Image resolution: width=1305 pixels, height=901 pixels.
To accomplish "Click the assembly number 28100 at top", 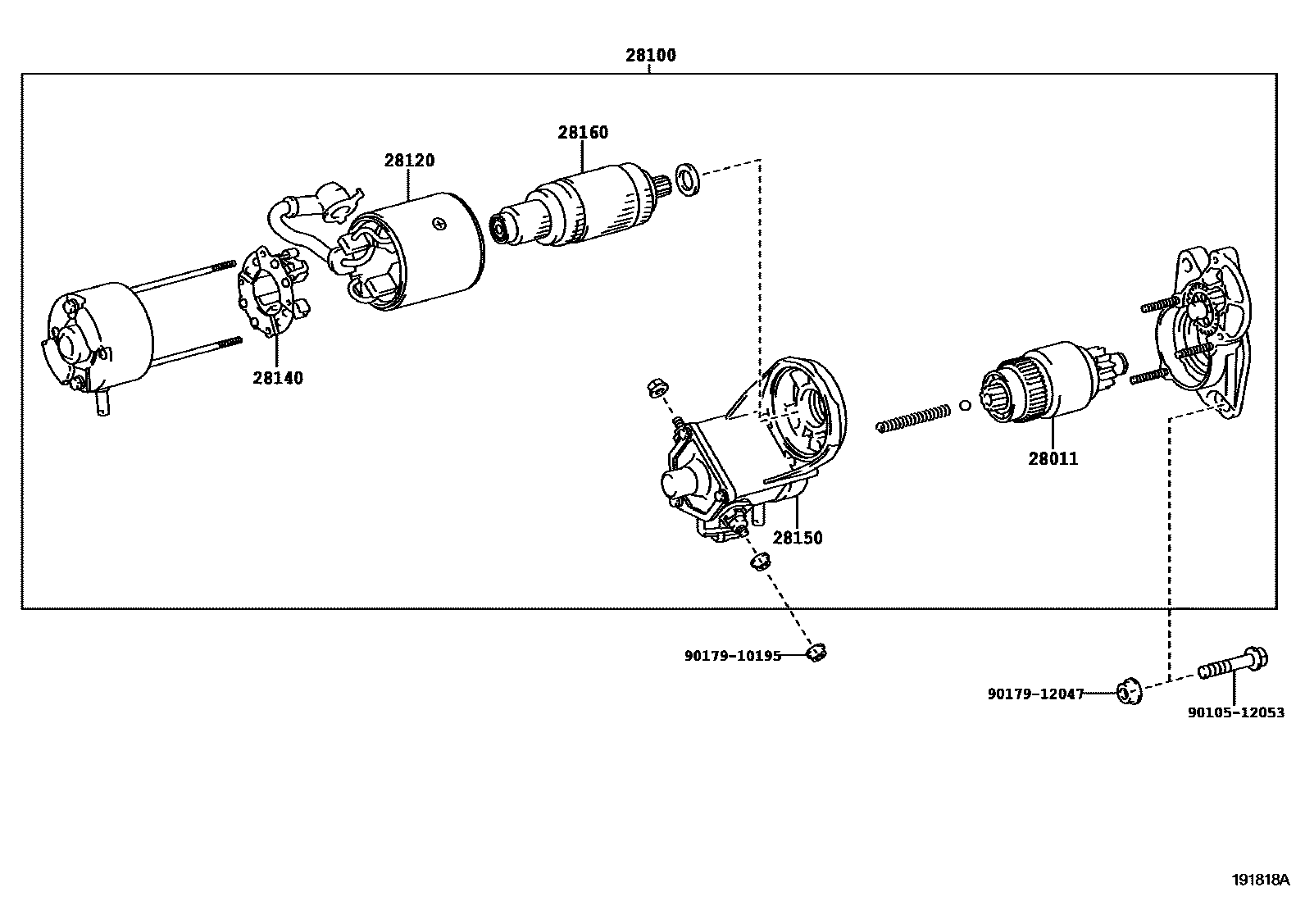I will (650, 56).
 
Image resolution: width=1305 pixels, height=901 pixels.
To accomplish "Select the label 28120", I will (409, 161).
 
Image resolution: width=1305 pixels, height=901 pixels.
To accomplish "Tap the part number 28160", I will (583, 133).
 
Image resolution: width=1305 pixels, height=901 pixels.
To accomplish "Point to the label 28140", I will (277, 378).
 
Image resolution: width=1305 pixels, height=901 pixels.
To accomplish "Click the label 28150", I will (797, 538).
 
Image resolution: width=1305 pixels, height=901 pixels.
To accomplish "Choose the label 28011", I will (1053, 459).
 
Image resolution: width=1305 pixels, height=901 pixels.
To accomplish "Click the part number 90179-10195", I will (732, 656).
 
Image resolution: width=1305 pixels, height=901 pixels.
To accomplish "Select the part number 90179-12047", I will (1034, 694).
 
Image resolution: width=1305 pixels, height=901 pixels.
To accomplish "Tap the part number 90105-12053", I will (1236, 713).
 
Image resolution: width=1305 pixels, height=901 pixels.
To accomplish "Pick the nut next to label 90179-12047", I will (1129, 693).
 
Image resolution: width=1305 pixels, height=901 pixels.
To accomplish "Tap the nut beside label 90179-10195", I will (814, 653).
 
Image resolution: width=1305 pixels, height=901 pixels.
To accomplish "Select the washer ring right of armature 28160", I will (687, 180).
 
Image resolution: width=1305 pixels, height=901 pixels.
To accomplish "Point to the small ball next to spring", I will (965, 404).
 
